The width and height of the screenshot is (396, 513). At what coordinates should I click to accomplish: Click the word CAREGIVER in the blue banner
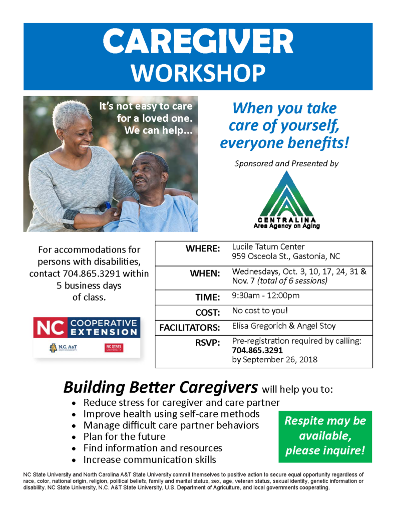[x=198, y=41]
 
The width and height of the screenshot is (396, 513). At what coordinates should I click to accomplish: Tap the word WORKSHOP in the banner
[x=198, y=73]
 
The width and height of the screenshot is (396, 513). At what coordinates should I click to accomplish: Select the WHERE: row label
[x=203, y=248]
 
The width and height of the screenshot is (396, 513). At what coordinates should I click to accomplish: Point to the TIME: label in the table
[x=208, y=298]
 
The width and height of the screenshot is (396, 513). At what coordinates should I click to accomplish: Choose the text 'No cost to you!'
[x=260, y=311]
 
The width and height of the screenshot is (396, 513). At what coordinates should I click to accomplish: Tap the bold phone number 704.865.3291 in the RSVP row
[x=257, y=350]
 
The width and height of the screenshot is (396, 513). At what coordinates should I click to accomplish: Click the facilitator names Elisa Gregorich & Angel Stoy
[x=284, y=326]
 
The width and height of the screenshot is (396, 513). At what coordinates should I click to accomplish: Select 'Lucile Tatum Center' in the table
[x=268, y=246]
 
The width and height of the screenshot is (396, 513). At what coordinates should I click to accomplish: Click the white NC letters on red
[x=51, y=328]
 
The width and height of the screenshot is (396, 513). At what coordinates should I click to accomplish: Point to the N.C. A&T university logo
[x=64, y=348]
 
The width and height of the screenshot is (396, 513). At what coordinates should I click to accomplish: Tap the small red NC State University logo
[x=114, y=348]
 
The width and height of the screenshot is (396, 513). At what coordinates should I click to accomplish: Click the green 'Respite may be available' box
[x=325, y=436]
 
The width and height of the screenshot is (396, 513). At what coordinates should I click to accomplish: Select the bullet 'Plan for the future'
[x=124, y=437]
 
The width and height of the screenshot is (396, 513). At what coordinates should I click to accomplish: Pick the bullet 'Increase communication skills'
[x=150, y=460]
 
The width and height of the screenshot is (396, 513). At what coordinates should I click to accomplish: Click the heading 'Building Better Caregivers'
[x=161, y=387]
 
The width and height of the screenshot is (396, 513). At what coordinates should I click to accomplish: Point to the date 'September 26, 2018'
[x=280, y=360]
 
